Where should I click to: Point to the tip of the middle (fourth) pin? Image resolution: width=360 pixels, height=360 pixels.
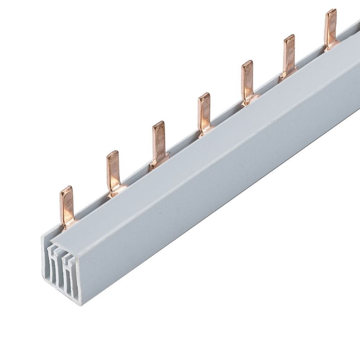(x=204, y=96)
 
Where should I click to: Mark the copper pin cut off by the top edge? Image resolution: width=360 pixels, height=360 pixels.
(x=331, y=27)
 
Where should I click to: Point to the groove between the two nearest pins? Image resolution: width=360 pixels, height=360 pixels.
(x=92, y=209)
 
